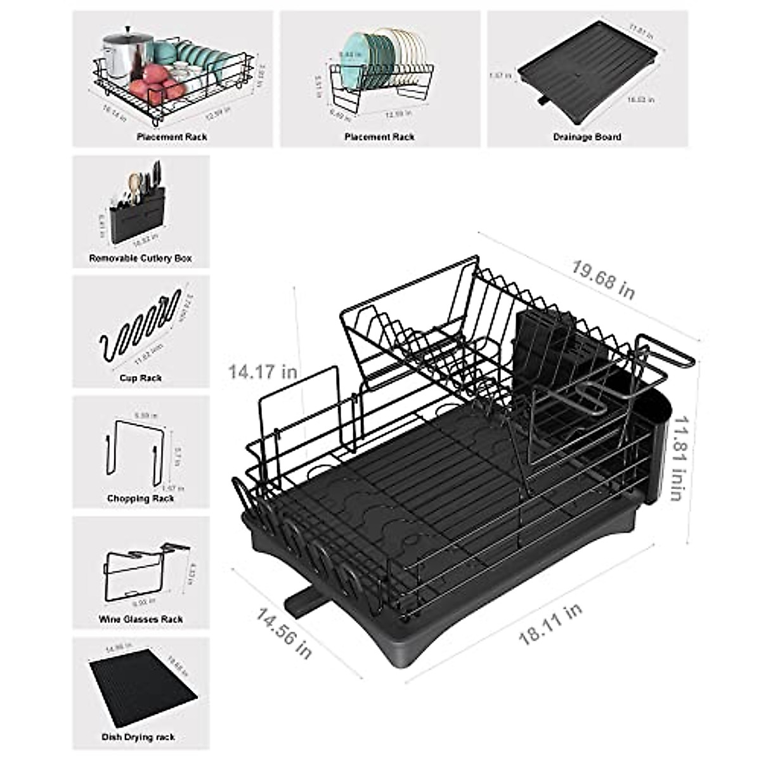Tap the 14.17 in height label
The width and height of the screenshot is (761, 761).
(x=263, y=371)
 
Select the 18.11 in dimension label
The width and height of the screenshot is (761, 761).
(x=550, y=625)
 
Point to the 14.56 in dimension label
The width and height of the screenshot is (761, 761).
(x=283, y=632)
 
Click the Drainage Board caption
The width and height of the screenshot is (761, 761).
(x=587, y=136)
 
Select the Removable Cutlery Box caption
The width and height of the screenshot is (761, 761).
(x=140, y=259)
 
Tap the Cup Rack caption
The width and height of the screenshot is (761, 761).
(x=141, y=378)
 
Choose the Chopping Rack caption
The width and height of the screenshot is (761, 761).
(x=141, y=498)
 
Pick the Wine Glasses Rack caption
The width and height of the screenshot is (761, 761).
(x=141, y=619)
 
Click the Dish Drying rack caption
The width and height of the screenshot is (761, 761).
(x=138, y=737)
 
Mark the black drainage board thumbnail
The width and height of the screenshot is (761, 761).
(x=587, y=76)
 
